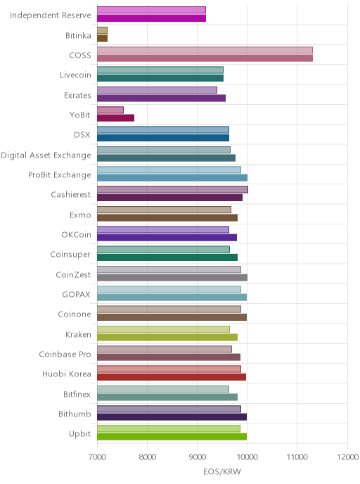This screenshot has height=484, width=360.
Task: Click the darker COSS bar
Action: tap(205, 58)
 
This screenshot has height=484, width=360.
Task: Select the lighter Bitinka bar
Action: tap(102, 30)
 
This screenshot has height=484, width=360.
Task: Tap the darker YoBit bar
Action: tap(116, 118)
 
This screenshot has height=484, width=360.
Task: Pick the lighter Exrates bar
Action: tap(157, 90)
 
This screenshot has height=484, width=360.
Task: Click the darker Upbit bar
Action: tap(172, 436)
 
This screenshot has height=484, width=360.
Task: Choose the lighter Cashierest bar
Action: tap(172, 189)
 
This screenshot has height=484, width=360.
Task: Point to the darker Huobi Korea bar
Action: tap(172, 377)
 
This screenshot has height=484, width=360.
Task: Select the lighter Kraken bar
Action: tap(164, 329)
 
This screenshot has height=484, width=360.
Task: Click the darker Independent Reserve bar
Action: tap(151, 18)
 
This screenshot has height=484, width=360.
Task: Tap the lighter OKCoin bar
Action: tap(163, 229)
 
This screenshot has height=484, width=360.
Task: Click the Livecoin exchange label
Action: tap(75, 75)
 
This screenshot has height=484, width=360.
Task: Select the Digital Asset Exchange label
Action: tap(46, 155)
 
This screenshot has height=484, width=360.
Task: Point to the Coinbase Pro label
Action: tap(65, 354)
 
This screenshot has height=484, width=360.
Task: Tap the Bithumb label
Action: tap(75, 414)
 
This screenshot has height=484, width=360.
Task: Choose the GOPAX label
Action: tap(76, 295)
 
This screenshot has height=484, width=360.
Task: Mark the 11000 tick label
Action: tap(297, 457)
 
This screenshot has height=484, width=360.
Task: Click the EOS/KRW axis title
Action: tap(222, 471)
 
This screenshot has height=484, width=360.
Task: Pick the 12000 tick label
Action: tap(347, 457)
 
